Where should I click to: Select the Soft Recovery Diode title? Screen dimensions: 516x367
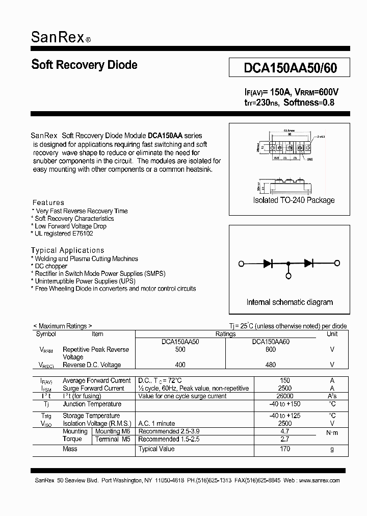(84, 65)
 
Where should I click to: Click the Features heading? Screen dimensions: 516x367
(48, 202)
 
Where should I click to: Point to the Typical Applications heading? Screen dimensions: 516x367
(67, 250)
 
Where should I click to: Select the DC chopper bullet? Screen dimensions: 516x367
(50, 266)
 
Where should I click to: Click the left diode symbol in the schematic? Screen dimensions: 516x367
(269, 264)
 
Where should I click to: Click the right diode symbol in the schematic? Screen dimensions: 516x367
(308, 264)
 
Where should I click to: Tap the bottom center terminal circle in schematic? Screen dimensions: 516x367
(289, 276)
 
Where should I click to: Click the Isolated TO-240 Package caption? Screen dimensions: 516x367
(294, 200)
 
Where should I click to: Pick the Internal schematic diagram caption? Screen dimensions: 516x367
(290, 302)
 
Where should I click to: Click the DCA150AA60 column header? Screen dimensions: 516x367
(270, 342)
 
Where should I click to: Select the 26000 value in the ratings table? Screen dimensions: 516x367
(284, 396)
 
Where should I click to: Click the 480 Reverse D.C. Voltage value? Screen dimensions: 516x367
(270, 365)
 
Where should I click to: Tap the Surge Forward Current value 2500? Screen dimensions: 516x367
(284, 389)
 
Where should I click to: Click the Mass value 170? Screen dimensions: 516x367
(284, 449)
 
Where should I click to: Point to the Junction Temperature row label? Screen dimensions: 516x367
(92, 404)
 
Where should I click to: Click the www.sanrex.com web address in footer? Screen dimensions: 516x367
(319, 480)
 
